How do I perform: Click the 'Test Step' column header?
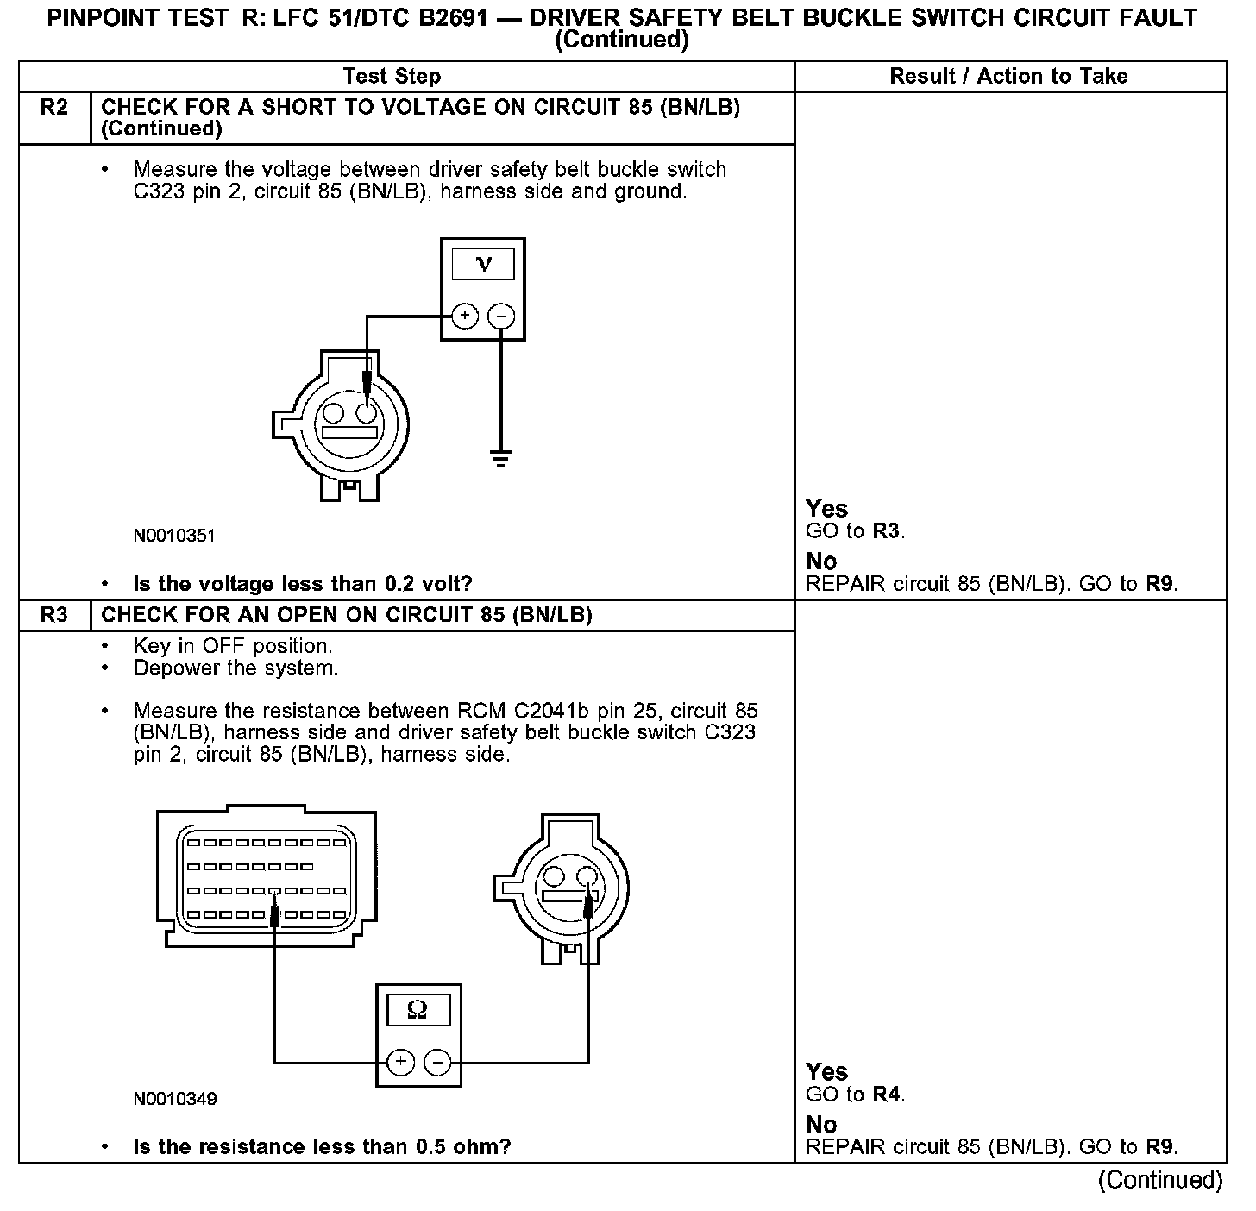click(x=392, y=76)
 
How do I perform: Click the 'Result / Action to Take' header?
click(x=1008, y=76)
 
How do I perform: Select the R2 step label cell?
click(x=54, y=108)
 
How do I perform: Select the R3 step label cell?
click(x=54, y=615)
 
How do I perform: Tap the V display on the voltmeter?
click(x=483, y=264)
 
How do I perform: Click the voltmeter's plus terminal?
click(x=465, y=316)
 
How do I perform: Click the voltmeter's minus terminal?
click(x=501, y=316)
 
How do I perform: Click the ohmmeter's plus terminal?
click(x=400, y=1062)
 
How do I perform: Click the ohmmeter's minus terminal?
click(x=437, y=1062)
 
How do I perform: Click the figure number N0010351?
click(x=174, y=536)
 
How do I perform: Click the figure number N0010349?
click(x=174, y=1099)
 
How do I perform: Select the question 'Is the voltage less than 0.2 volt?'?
click(x=303, y=584)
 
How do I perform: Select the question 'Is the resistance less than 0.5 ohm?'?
click(x=322, y=1147)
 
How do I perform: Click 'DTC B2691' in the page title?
click(x=411, y=18)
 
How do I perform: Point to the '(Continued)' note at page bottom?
click(x=1160, y=1180)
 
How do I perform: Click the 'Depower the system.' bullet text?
click(x=235, y=668)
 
